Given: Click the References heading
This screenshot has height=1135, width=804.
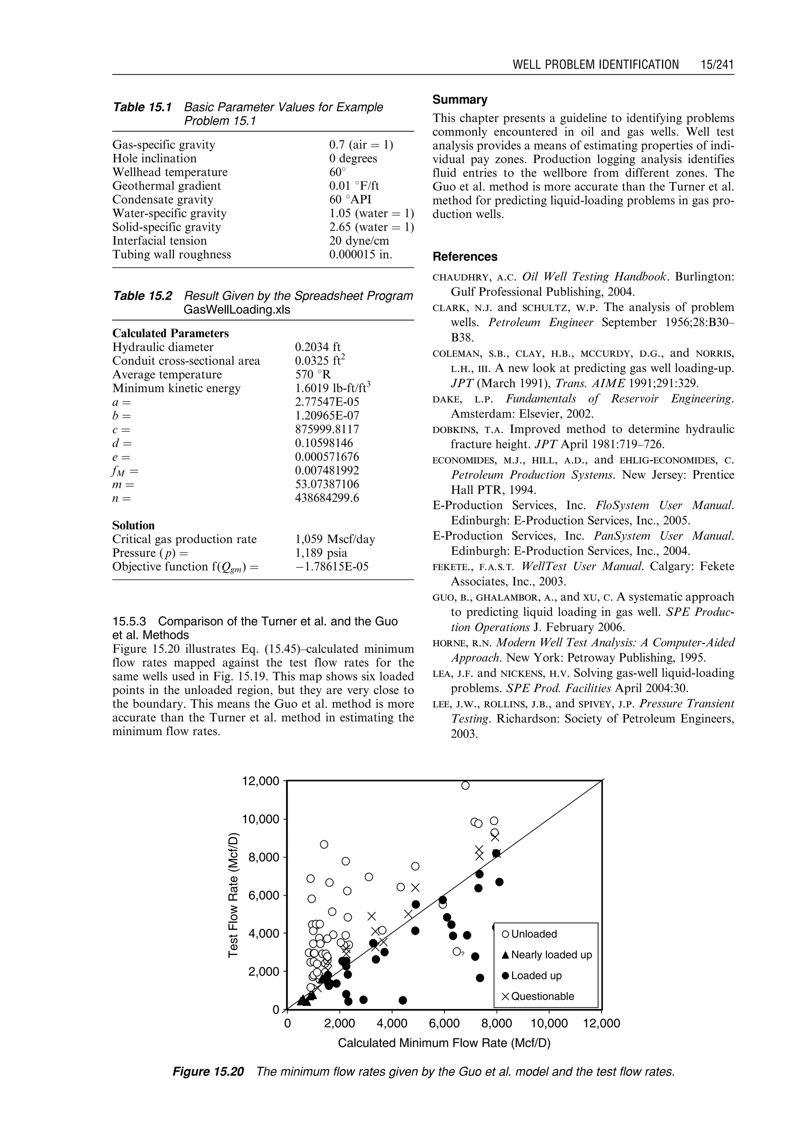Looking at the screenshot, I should pyautogui.click(x=464, y=256).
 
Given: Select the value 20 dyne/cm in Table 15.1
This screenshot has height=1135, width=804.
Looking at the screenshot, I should pyautogui.click(x=359, y=241).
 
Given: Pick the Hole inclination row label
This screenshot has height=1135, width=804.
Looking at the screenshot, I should pyautogui.click(x=154, y=159).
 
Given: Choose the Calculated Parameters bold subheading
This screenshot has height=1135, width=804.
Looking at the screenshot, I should pyautogui.click(x=170, y=333).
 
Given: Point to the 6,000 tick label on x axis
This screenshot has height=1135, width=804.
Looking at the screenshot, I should pyautogui.click(x=444, y=1024).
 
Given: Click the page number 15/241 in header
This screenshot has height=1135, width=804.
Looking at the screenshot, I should pyautogui.click(x=716, y=65).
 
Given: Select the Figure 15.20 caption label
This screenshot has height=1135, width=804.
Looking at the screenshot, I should pyautogui.click(x=208, y=1072).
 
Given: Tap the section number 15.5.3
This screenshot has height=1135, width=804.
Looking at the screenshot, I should pyautogui.click(x=131, y=621).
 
